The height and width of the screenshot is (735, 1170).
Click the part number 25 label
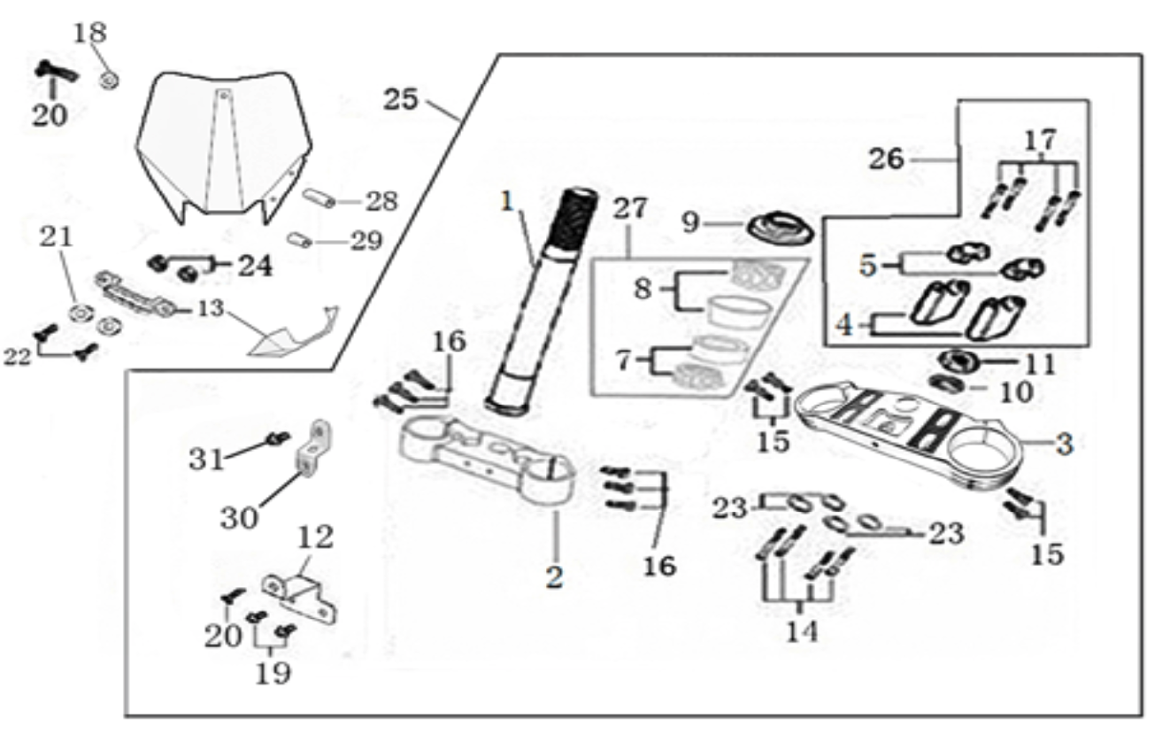[401, 99]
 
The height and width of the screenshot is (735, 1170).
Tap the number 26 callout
[886, 159]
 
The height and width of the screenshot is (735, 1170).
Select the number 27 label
[630, 208]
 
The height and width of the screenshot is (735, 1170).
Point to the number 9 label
[690, 222]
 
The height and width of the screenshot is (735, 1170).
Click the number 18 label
[90, 33]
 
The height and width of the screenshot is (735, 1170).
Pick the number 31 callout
[207, 460]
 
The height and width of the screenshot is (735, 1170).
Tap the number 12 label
[315, 537]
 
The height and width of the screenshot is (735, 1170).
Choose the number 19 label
[273, 673]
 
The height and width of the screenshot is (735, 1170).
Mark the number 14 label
[803, 631]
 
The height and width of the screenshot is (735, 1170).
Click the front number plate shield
[224, 149]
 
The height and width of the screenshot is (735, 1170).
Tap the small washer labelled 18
[109, 81]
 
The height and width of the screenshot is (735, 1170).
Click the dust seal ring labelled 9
[780, 228]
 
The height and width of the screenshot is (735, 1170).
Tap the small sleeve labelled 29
[299, 240]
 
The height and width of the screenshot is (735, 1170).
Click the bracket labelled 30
[314, 449]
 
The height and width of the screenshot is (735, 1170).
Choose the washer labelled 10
[947, 384]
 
